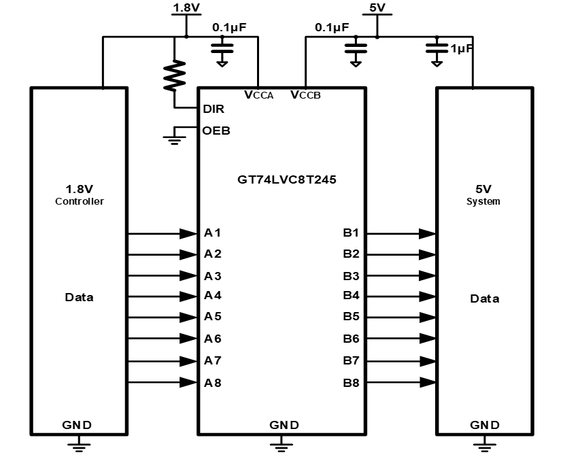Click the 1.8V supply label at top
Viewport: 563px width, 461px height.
pos(185,8)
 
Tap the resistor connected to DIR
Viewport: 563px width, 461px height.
pos(175,76)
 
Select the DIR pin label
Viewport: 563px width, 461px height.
pos(214,109)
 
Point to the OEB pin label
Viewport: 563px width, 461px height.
pos(216,131)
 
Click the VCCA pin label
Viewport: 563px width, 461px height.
pos(258,95)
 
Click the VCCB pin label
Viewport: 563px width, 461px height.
pos(305,95)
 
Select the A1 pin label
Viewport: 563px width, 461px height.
pos(213,233)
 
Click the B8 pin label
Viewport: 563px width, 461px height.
pos(351,383)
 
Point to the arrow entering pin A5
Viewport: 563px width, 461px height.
pos(188,318)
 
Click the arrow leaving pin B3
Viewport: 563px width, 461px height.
pos(427,276)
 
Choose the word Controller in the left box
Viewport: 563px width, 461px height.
pos(80,202)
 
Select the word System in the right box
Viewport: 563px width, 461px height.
pos(483,202)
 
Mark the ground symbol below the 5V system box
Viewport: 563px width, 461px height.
pos(484,444)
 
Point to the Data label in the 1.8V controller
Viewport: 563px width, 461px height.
pos(80,297)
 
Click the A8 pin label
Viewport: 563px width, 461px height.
pos(213,383)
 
